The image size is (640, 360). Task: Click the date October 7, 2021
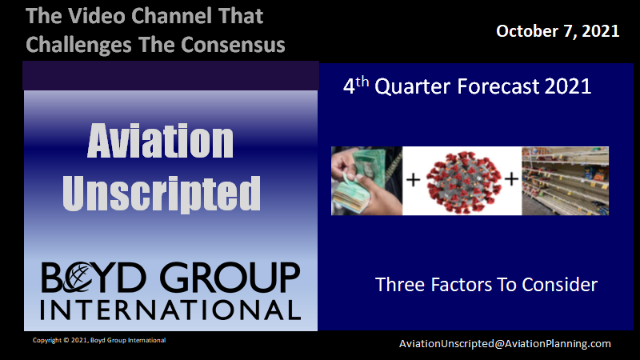click(558, 31)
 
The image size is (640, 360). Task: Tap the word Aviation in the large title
click(161, 142)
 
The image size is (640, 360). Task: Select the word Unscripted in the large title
click(162, 194)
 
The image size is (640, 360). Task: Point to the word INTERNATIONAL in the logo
click(170, 310)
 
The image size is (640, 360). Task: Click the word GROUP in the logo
click(230, 278)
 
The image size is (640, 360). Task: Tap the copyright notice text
click(99, 340)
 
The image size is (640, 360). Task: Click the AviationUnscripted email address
click(505, 344)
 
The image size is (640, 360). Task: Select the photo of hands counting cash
click(366, 181)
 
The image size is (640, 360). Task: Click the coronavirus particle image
click(464, 182)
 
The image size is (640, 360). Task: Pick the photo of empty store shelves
click(566, 181)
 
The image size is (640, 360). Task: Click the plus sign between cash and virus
click(413, 179)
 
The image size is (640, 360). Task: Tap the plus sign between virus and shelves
click(512, 178)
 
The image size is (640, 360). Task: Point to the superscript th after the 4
click(362, 82)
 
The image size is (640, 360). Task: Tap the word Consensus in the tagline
click(233, 45)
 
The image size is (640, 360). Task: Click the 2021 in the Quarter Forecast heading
click(568, 86)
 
